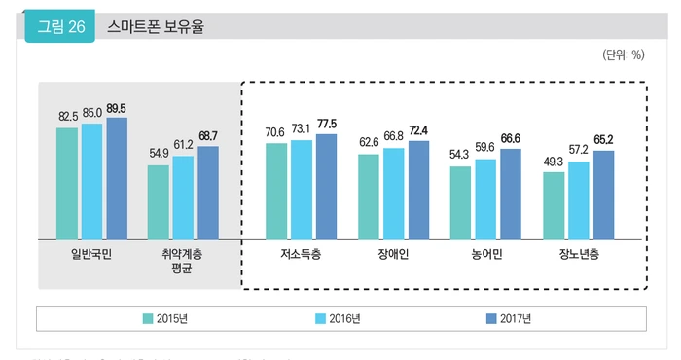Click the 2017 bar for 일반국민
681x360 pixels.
click(x=117, y=178)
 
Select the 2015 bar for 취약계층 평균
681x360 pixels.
click(x=159, y=201)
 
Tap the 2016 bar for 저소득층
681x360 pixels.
click(x=301, y=189)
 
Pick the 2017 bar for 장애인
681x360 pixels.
click(x=418, y=190)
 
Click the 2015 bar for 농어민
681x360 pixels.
click(x=460, y=202)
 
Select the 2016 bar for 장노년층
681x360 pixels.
click(x=578, y=199)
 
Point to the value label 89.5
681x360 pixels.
click(x=118, y=109)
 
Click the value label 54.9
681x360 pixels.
click(x=159, y=154)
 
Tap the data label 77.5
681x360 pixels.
click(x=327, y=125)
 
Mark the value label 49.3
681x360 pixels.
click(x=553, y=161)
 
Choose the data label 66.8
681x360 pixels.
click(x=393, y=136)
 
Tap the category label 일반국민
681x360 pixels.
click(x=91, y=255)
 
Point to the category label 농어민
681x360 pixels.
click(x=485, y=255)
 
